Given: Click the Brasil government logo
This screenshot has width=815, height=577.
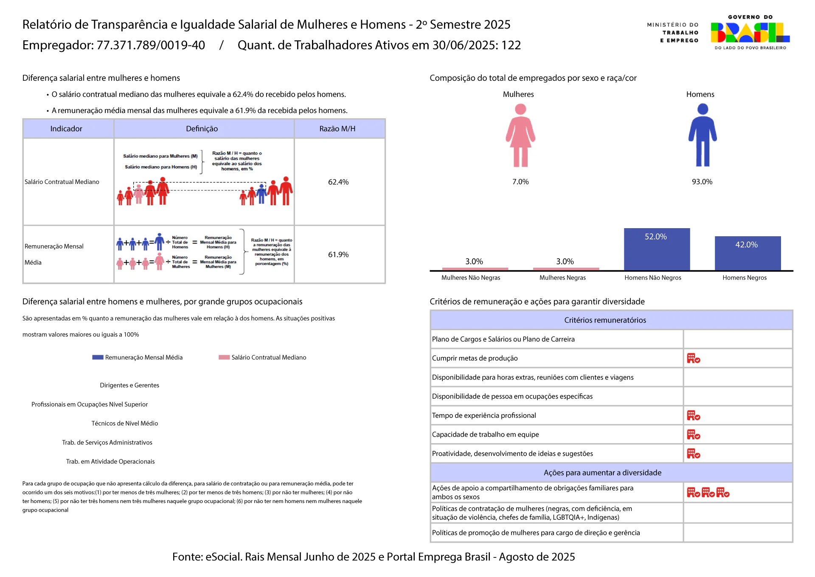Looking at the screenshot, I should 750,33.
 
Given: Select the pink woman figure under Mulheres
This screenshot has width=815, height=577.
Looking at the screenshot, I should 520,136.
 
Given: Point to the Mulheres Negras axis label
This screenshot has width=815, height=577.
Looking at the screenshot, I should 562,278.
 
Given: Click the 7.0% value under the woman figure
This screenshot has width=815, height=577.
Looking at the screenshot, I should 520,182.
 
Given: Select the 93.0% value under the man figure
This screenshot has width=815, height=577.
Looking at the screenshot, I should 702,182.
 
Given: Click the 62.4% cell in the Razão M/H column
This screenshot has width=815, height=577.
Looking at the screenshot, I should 338,182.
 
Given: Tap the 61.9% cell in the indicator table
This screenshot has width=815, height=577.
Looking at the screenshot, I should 338,255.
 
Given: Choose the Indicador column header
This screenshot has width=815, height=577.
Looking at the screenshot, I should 66,129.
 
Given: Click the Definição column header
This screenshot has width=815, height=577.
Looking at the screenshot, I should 202,129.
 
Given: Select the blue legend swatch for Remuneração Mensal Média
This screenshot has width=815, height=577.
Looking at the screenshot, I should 98,357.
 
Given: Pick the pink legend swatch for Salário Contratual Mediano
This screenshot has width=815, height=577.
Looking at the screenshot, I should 224,357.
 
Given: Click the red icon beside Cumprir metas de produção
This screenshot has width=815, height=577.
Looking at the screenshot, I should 693,359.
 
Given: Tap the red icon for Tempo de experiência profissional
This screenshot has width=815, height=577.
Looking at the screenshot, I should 693,416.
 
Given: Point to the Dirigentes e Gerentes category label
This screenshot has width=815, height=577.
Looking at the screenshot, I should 129,385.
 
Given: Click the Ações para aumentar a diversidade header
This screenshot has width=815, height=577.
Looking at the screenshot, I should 602,473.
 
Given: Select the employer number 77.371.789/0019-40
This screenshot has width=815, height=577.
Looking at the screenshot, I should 151,45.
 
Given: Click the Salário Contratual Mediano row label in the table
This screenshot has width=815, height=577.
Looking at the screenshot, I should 62,182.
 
